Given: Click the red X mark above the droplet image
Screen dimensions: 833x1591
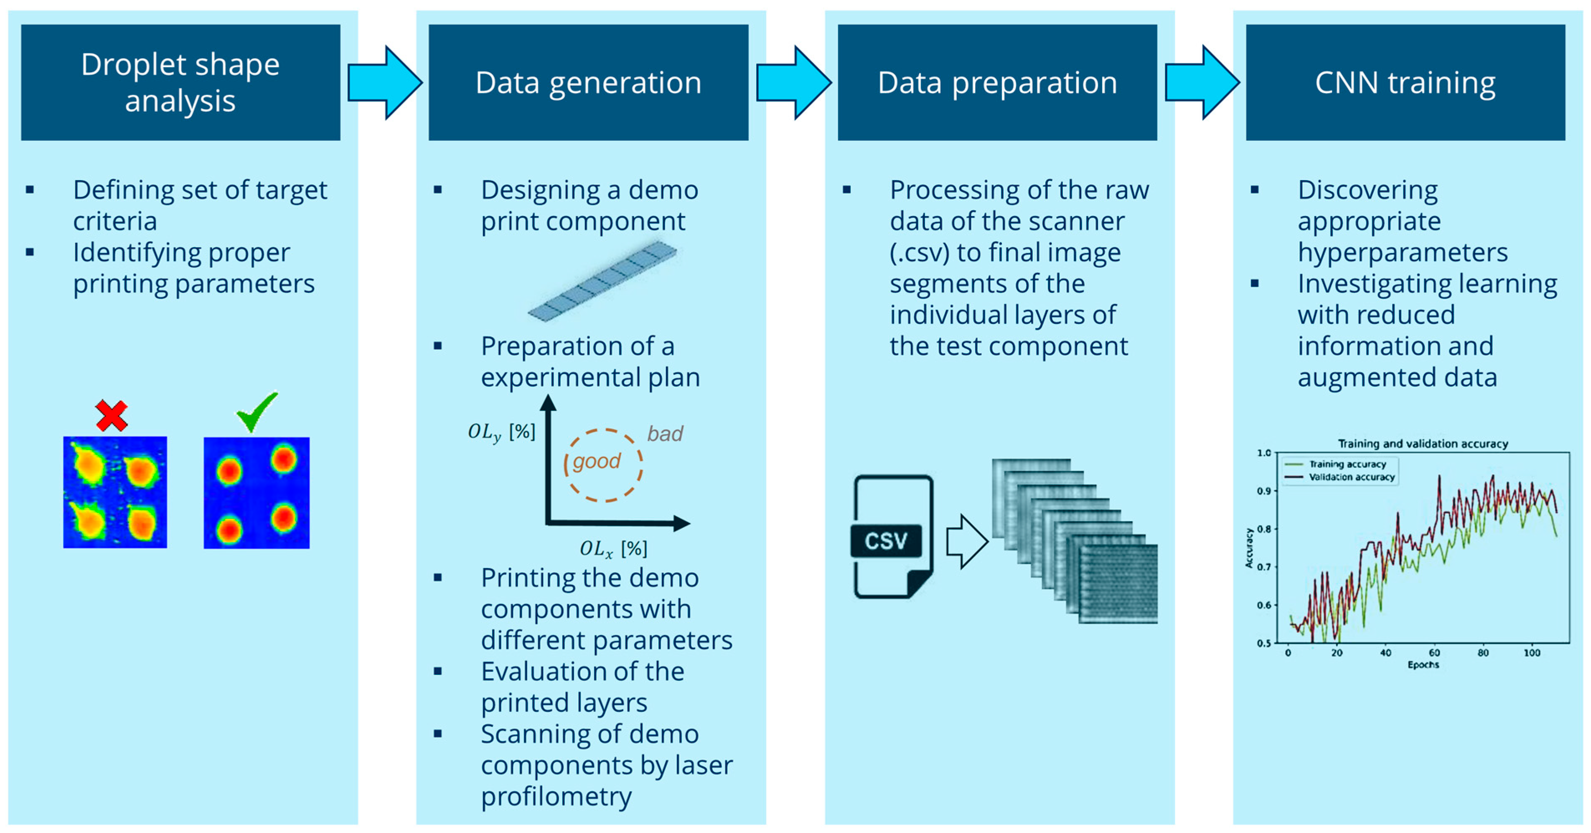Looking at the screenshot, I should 112,415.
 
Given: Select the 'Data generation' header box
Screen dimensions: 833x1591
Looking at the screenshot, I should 588,82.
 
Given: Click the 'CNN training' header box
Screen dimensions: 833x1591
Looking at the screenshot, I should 1405,82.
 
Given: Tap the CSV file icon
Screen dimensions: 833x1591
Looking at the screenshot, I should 892,536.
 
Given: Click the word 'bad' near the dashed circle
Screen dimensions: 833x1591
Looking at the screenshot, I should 665,434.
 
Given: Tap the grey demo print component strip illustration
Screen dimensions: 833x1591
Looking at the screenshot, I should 602,281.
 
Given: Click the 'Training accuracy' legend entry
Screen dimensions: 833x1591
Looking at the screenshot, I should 1347,464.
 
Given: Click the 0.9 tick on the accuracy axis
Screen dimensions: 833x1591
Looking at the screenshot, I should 1264,491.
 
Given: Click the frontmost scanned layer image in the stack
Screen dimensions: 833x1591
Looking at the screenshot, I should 1118,584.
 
